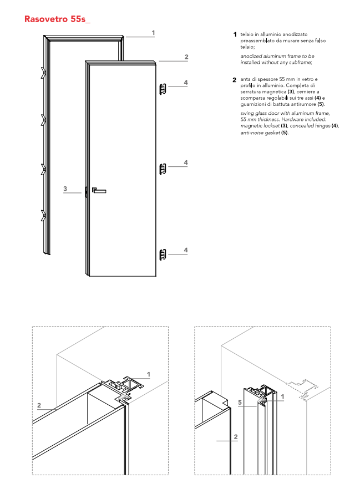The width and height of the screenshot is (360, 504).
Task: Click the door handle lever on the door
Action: (x=99, y=190)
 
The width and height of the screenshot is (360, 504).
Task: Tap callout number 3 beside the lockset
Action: (x=65, y=189)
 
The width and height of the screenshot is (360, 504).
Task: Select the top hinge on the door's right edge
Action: (x=163, y=88)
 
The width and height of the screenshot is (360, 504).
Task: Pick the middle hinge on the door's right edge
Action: (x=163, y=169)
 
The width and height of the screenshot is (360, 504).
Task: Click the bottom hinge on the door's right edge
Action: (x=163, y=255)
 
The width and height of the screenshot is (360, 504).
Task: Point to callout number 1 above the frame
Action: (x=153, y=33)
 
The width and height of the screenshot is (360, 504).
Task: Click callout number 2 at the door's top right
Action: (x=186, y=57)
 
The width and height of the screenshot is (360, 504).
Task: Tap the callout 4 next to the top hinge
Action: (x=186, y=83)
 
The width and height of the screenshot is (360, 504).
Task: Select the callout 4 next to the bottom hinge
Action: (x=186, y=250)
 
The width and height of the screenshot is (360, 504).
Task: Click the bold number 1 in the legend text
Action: (x=235, y=35)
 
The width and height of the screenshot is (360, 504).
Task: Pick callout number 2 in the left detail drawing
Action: (x=39, y=405)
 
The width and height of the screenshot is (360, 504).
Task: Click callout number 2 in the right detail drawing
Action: (x=236, y=437)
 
